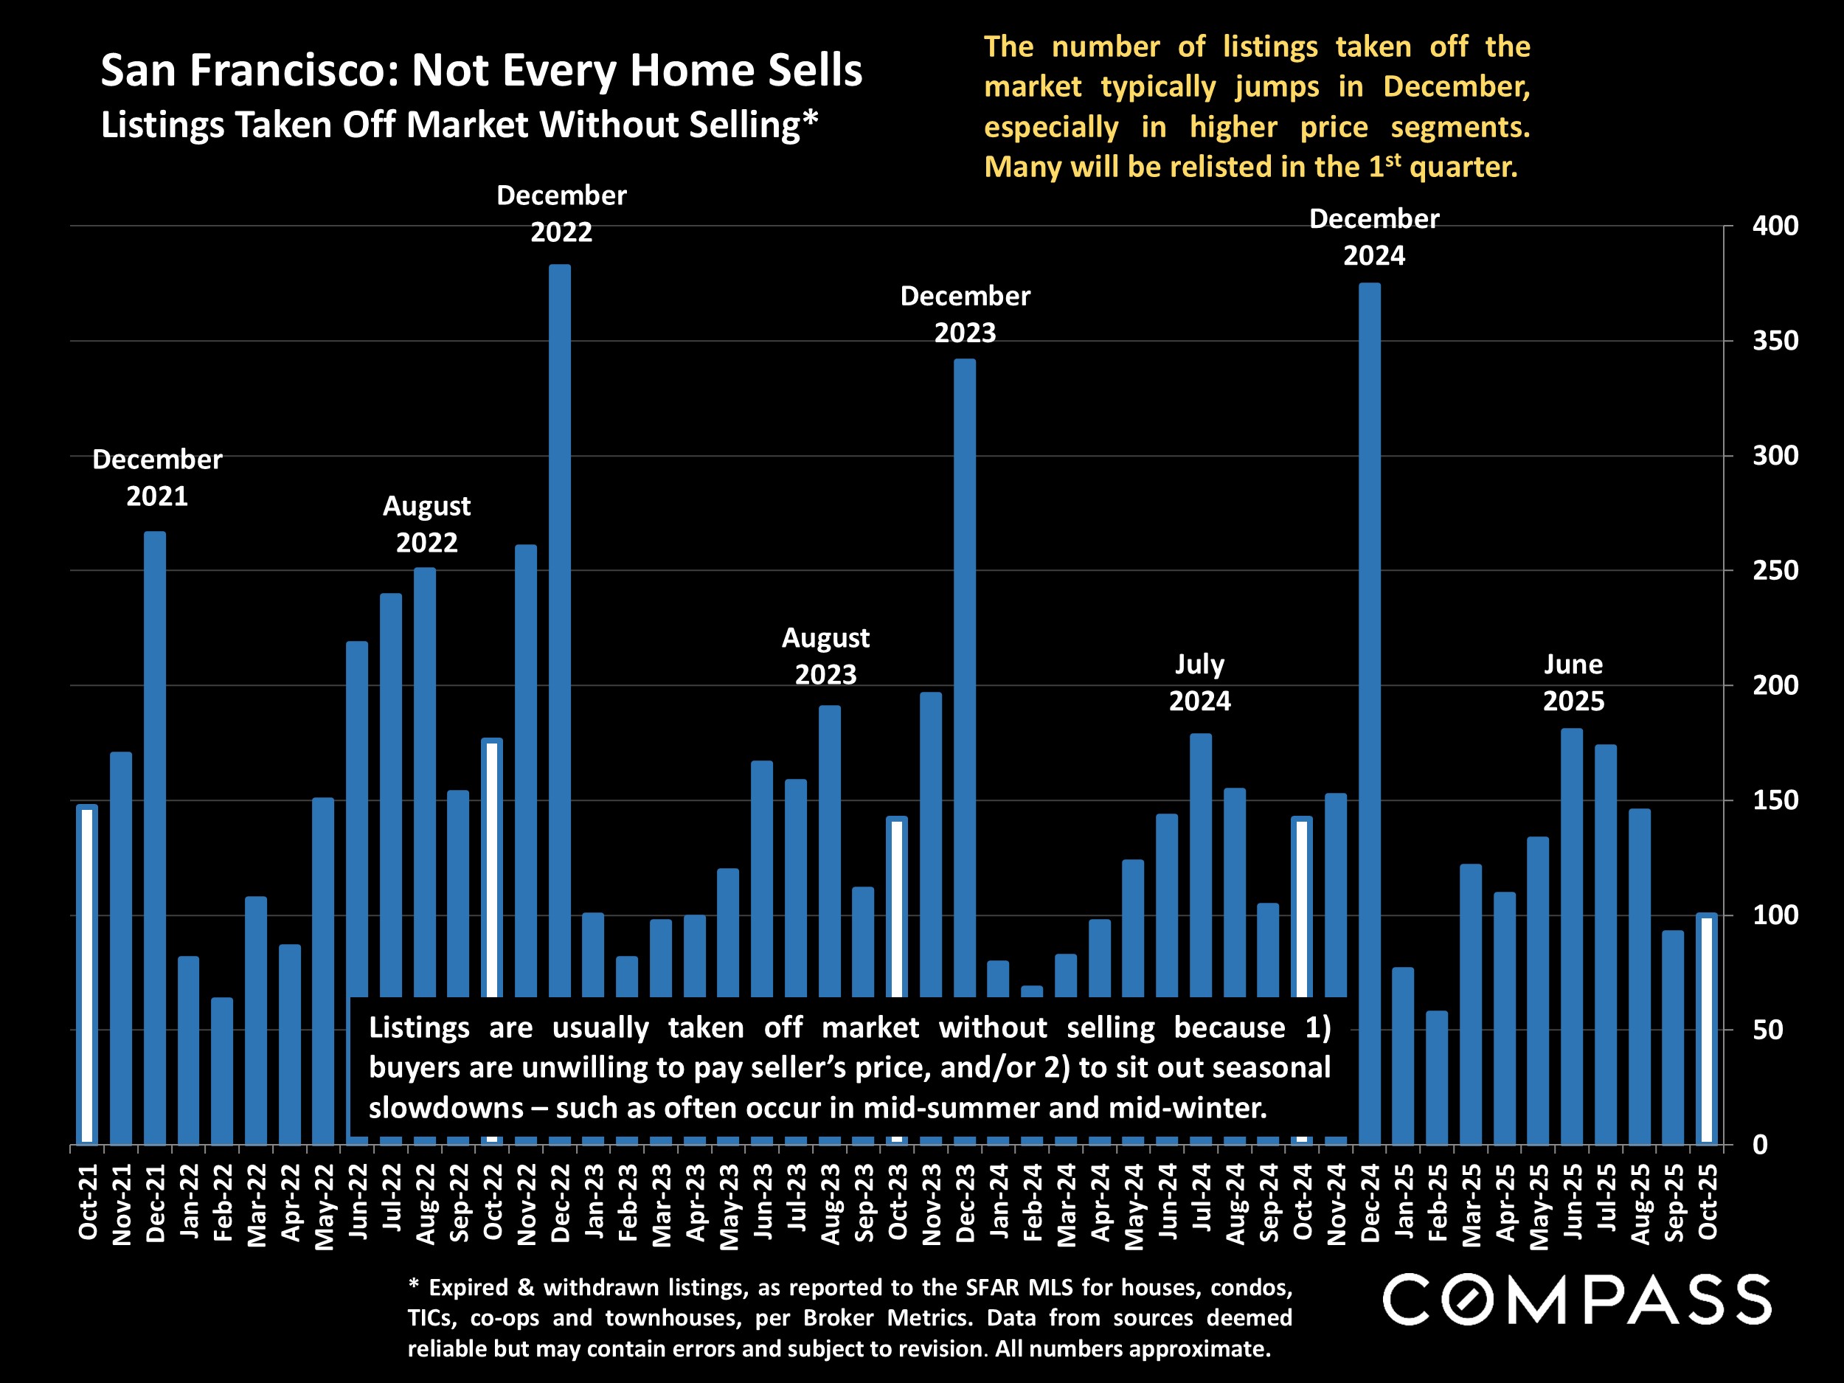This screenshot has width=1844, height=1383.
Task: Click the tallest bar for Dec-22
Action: click(559, 625)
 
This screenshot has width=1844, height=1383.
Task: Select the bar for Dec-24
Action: click(1370, 709)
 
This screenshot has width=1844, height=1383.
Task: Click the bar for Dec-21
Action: click(154, 833)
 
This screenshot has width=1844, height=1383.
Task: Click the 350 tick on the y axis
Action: click(1775, 341)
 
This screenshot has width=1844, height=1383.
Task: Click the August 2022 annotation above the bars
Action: click(426, 524)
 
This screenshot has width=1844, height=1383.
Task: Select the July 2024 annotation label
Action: click(1199, 682)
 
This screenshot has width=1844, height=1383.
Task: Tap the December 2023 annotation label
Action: click(965, 314)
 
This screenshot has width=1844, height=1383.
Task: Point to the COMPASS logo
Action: click(1576, 1299)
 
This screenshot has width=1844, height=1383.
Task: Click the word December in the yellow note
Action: click(1455, 87)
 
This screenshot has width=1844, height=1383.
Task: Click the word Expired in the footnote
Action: click(468, 1287)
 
